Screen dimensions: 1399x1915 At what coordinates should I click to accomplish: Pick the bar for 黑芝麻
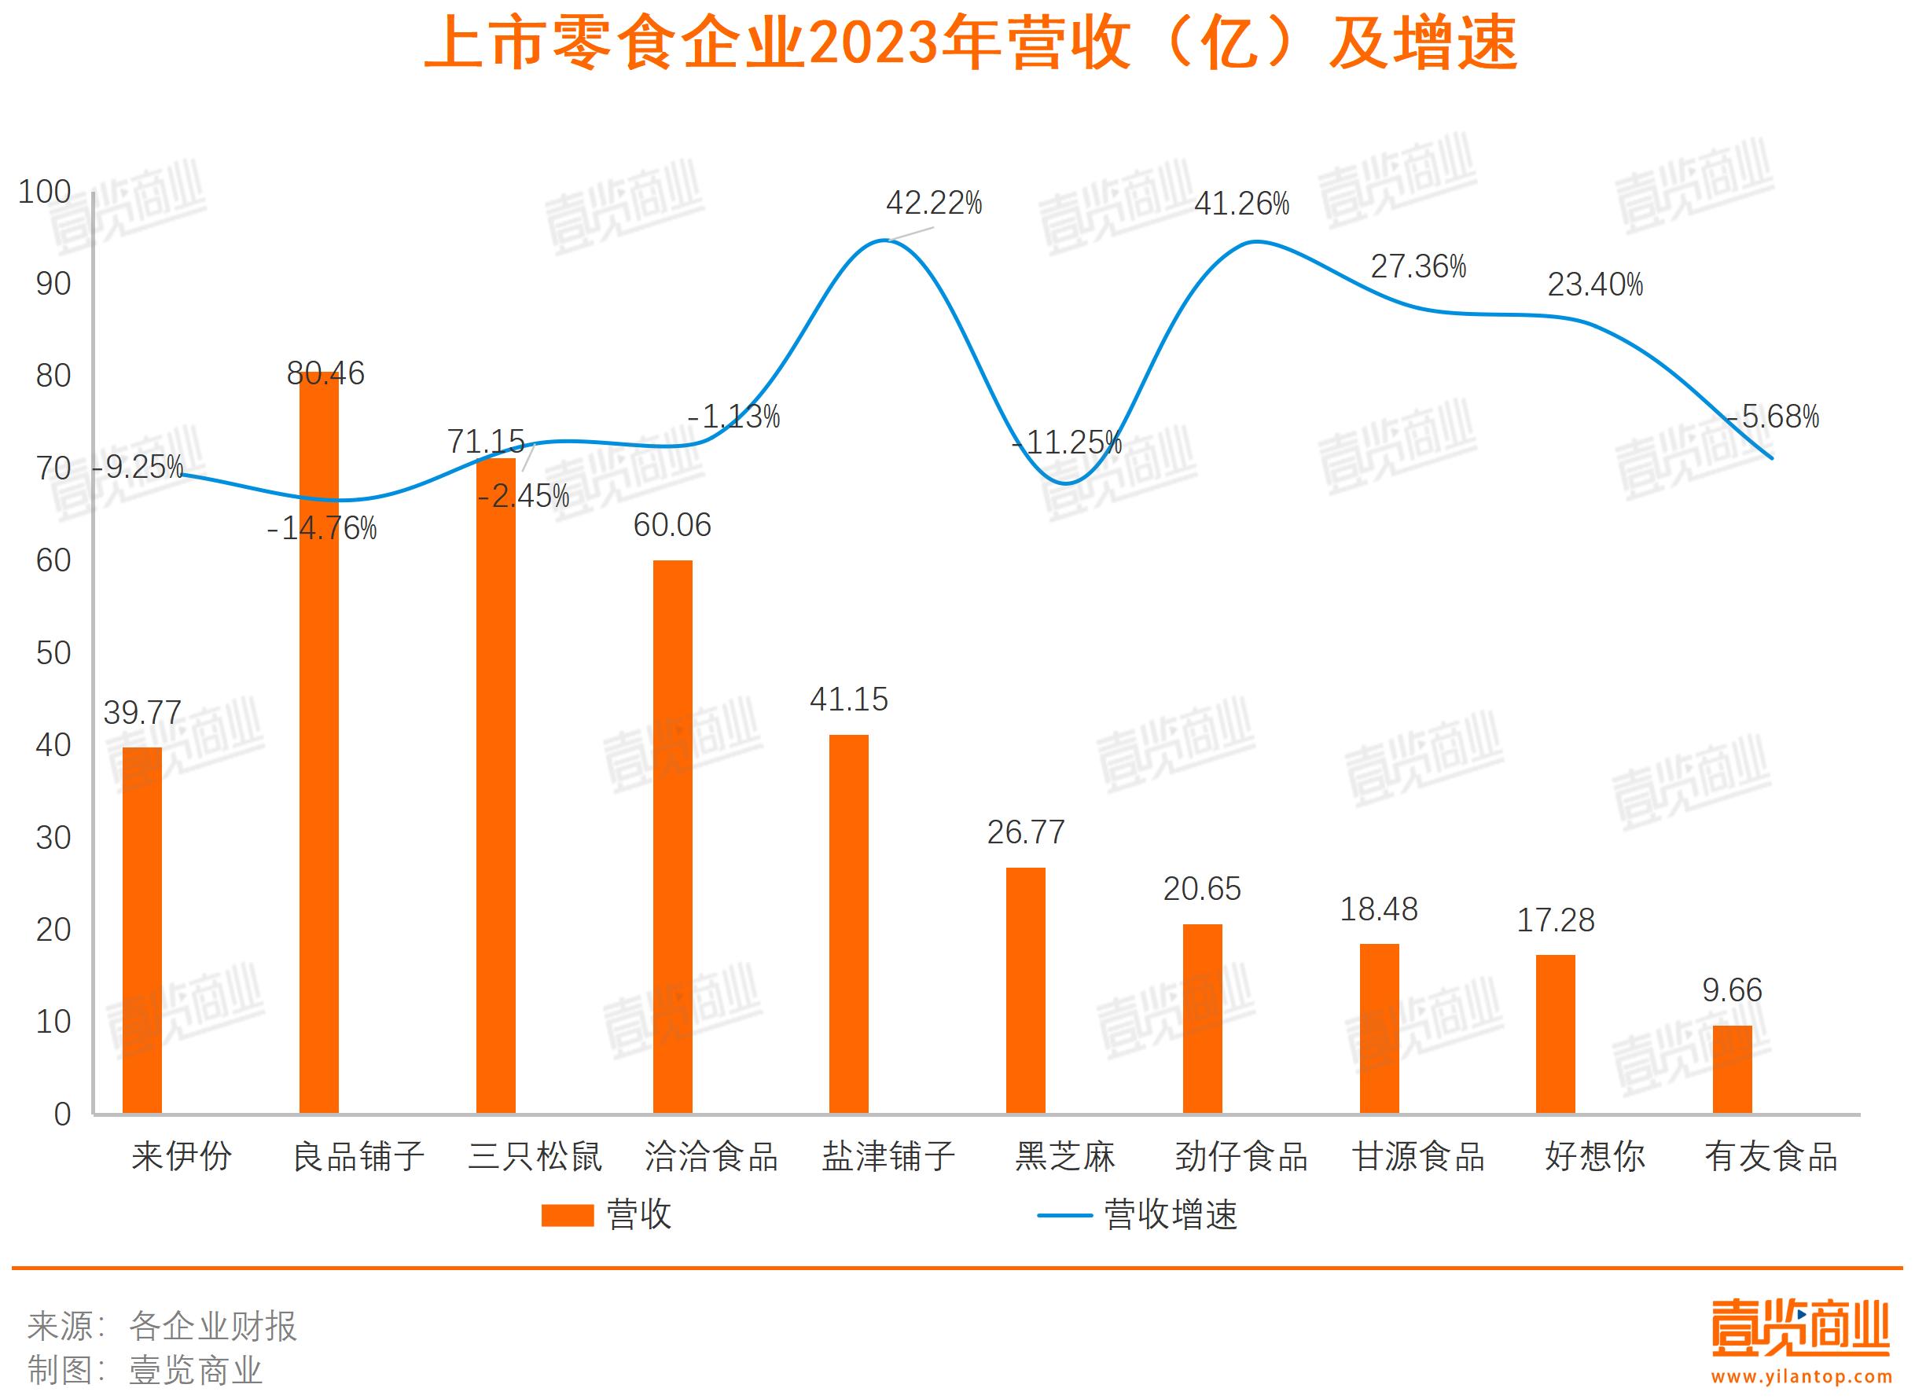point(1026,990)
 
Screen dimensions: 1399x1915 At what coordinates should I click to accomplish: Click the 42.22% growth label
point(933,204)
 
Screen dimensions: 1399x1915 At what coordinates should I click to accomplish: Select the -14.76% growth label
point(322,529)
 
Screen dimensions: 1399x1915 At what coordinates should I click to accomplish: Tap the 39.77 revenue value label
point(142,713)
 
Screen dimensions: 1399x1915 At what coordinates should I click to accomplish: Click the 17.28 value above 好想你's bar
point(1555,920)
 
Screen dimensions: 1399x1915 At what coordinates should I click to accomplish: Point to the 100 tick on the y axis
point(45,193)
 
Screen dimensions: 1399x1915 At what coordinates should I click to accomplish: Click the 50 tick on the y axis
point(53,653)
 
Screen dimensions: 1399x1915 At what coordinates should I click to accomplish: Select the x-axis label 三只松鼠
point(535,1157)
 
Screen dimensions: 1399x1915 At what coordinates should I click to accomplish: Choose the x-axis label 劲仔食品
point(1241,1157)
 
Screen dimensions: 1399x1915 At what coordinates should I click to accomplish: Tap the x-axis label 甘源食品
point(1419,1157)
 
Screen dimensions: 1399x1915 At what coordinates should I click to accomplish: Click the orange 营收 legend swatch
point(567,1215)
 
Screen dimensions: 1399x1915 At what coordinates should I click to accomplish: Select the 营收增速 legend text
point(1171,1215)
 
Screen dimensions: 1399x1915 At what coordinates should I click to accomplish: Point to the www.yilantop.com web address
point(1799,1376)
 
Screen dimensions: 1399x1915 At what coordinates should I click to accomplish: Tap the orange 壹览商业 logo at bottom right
point(1799,1330)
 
